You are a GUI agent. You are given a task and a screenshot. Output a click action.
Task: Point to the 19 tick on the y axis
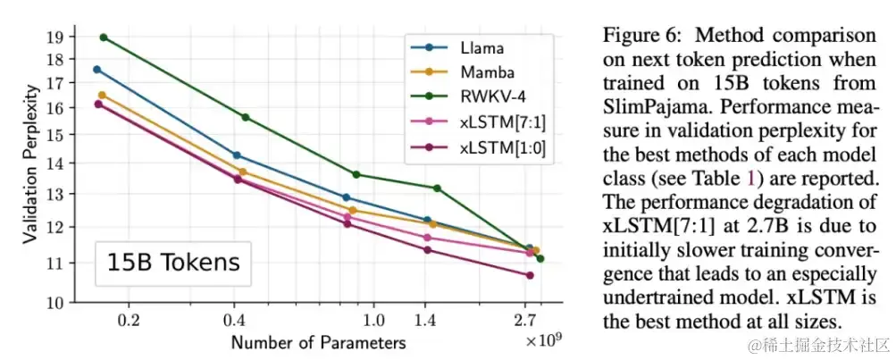[x=53, y=37]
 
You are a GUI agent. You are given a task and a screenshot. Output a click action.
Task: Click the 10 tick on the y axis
[x=53, y=303]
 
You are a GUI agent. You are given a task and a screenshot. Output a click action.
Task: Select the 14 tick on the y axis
[x=53, y=163]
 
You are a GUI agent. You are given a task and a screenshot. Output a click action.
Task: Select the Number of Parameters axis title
[x=318, y=341]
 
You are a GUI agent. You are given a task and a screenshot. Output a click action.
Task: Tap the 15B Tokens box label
[x=173, y=264]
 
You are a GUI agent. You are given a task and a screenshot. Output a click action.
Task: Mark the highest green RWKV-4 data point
[x=104, y=38]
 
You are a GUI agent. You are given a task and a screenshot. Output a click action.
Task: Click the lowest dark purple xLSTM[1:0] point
[x=530, y=275]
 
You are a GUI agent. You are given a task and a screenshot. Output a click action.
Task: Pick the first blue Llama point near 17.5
[x=97, y=70]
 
